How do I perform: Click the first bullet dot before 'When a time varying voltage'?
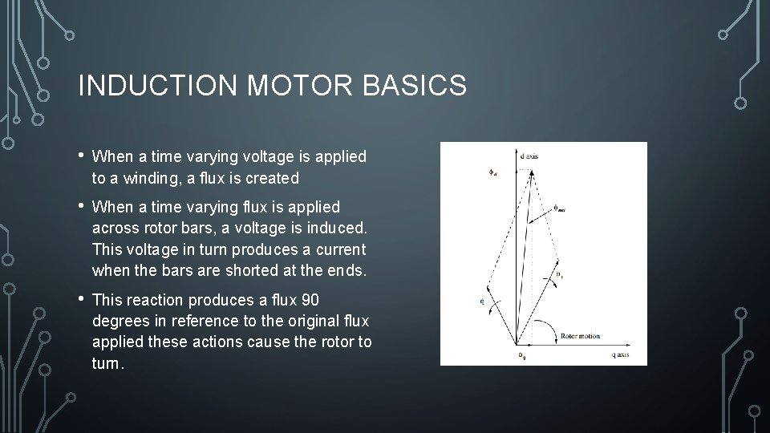(82, 156)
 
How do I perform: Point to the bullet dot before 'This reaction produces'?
(82, 299)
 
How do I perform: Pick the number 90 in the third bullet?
(310, 301)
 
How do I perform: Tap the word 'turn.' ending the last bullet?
(108, 363)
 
